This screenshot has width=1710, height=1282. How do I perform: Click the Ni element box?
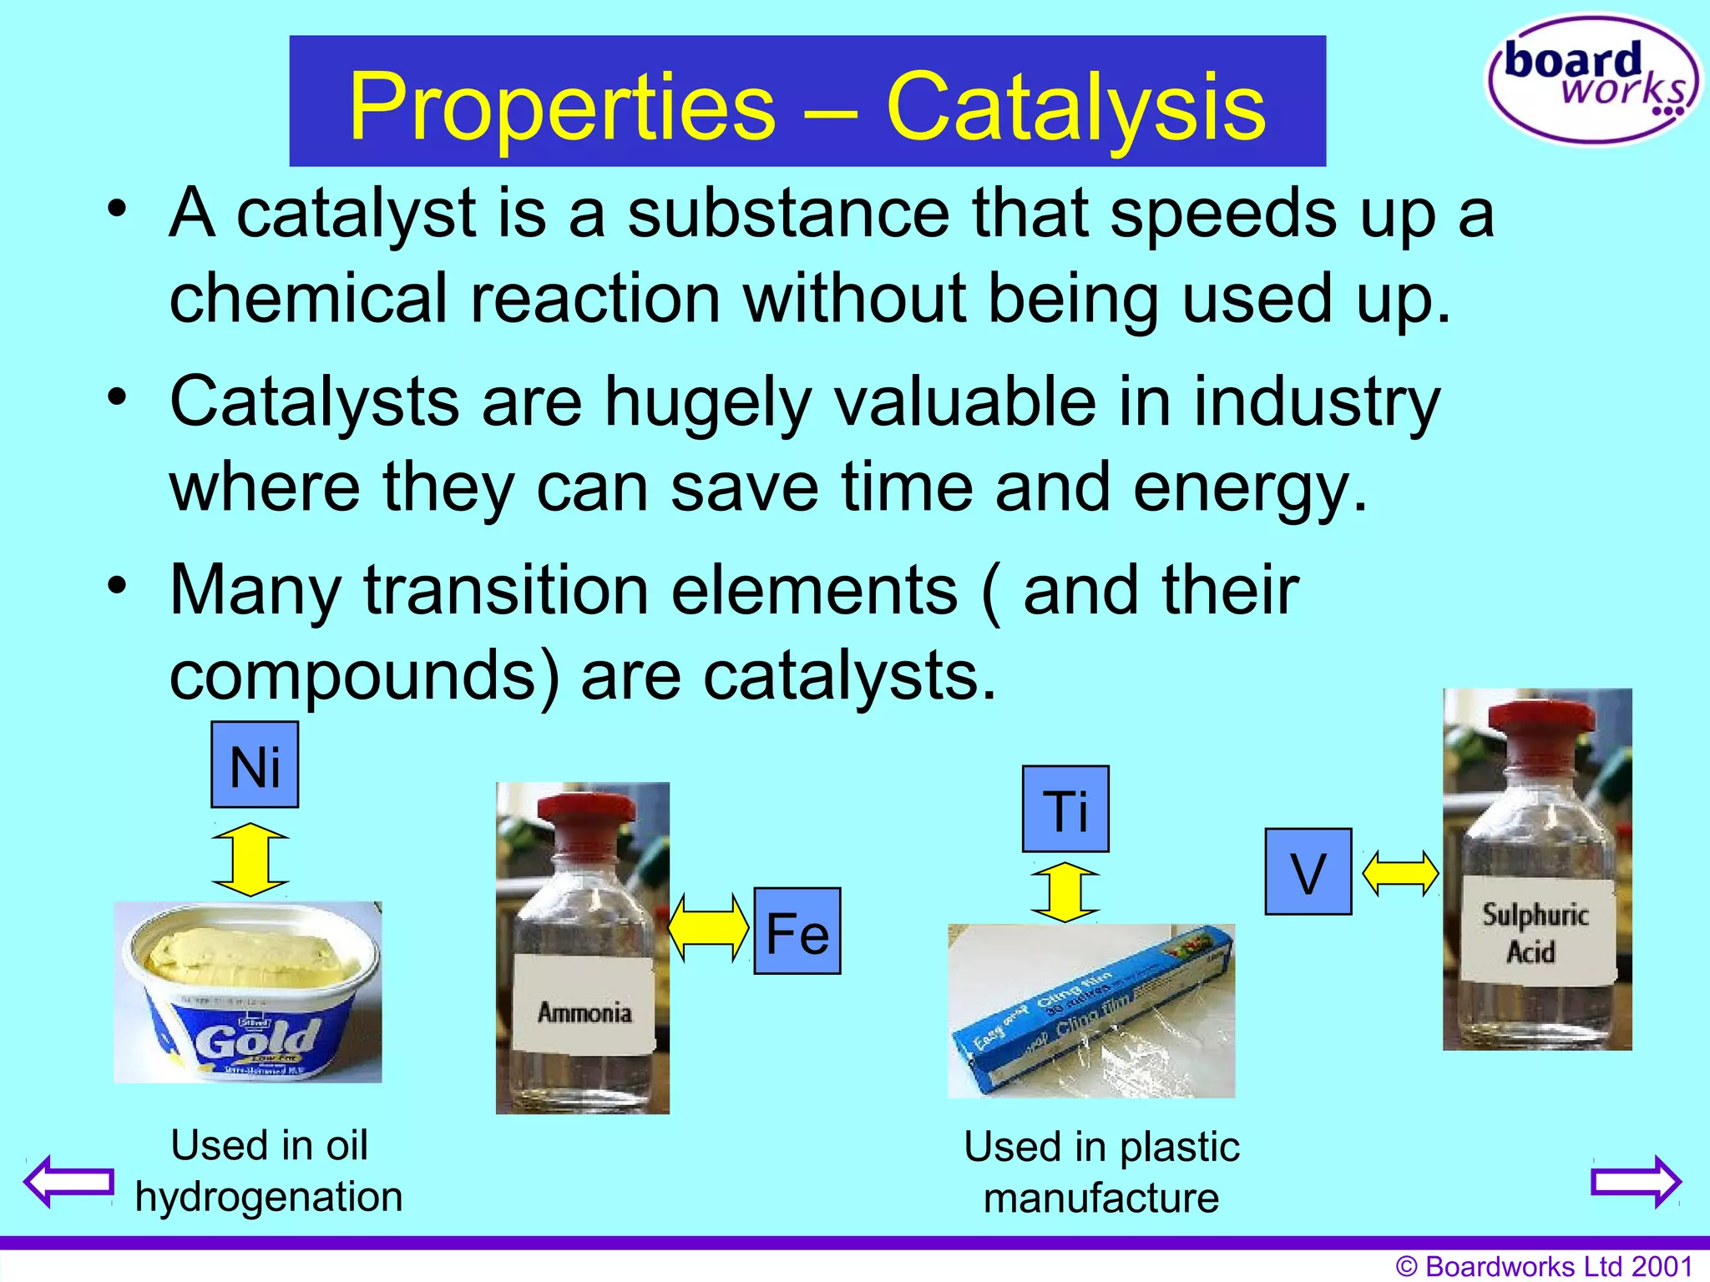pyautogui.click(x=255, y=765)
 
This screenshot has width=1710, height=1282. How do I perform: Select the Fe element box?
pyautogui.click(x=797, y=931)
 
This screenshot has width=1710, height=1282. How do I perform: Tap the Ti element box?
pyautogui.click(x=1066, y=809)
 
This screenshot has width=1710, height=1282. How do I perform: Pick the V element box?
pyautogui.click(x=1308, y=872)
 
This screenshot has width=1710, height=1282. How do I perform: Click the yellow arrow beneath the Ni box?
pyautogui.click(x=250, y=859)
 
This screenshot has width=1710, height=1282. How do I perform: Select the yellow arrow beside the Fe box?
pyautogui.click(x=709, y=926)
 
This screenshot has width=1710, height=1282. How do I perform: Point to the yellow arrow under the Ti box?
pyautogui.click(x=1065, y=892)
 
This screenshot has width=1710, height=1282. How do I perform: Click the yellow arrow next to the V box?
pyautogui.click(x=1400, y=873)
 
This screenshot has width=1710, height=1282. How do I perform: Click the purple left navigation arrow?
pyautogui.click(x=69, y=1181)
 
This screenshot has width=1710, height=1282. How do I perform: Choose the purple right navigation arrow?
pyautogui.click(x=1637, y=1181)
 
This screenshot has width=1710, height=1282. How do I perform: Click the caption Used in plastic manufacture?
pyautogui.click(x=1101, y=1172)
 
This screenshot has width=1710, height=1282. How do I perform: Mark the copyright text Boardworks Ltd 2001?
pyautogui.click(x=1545, y=1266)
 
